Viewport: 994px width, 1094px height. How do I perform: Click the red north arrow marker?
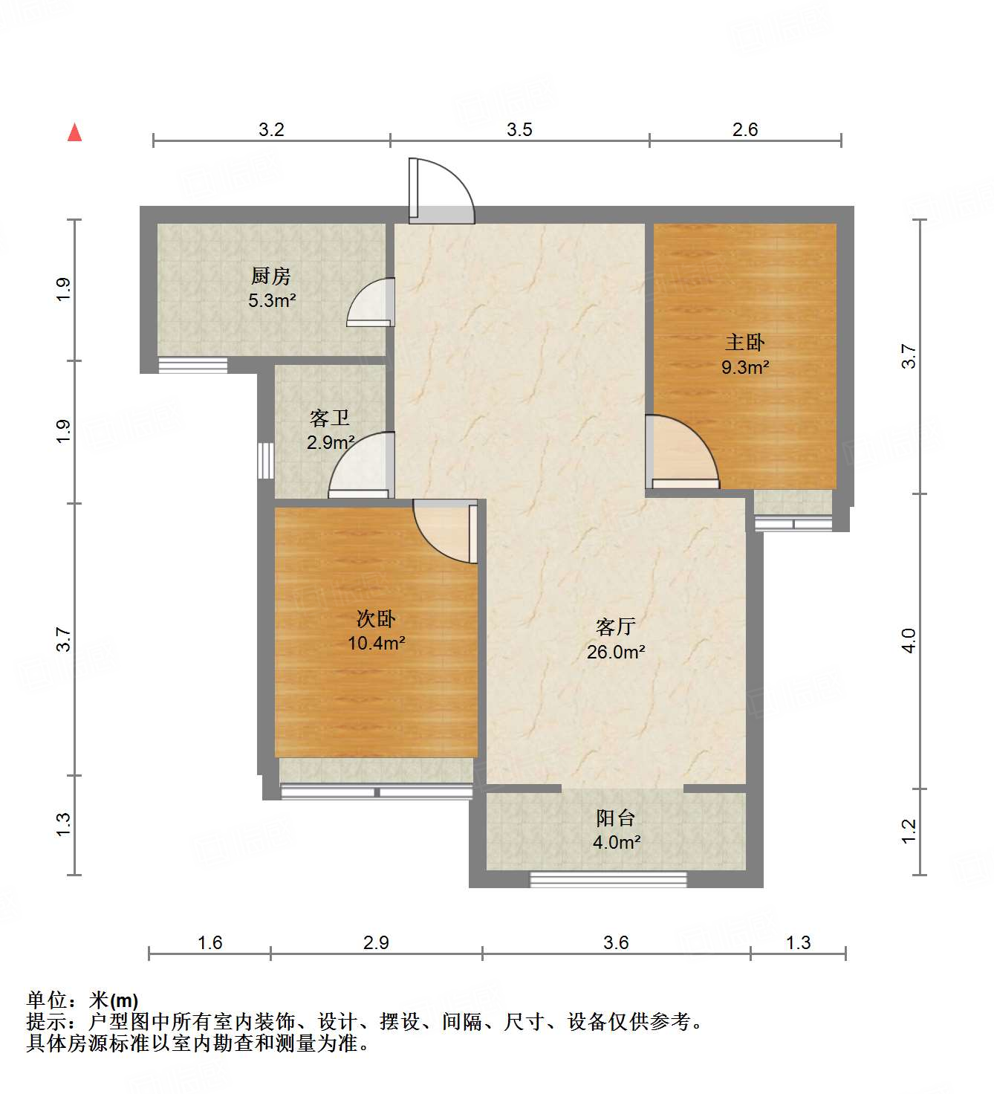coord(74,132)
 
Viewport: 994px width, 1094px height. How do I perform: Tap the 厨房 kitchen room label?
coord(270,276)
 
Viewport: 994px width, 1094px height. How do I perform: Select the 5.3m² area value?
coord(272,301)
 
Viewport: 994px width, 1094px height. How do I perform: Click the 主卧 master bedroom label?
coord(744,343)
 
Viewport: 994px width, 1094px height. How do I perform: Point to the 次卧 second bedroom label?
coord(376,618)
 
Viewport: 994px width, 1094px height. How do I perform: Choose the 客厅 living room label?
coord(615,627)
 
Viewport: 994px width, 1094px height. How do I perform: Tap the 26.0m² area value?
coord(615,652)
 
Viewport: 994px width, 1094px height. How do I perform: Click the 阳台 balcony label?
coord(615,818)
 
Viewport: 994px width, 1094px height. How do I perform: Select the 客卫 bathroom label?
coord(329,418)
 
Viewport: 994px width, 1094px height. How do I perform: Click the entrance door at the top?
coord(441,192)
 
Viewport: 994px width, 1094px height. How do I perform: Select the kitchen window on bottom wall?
coord(192,365)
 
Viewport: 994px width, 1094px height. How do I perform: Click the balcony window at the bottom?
coord(608,880)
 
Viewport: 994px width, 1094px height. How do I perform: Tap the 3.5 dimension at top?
coord(519,129)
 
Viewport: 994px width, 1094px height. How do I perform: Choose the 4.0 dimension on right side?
coord(909,641)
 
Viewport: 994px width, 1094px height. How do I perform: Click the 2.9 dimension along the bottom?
coord(376,942)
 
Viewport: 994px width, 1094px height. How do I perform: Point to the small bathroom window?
coord(265,461)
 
